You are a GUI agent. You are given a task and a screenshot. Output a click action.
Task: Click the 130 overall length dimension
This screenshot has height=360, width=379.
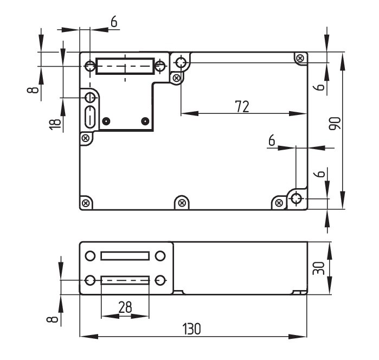tap(191, 329)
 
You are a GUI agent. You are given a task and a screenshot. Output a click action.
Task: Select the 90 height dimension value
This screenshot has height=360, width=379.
tap(335, 123)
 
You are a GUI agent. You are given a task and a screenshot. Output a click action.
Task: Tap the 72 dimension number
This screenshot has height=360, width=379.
tap(242, 107)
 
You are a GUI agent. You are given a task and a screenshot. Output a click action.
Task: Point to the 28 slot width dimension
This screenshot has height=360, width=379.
tap(125, 307)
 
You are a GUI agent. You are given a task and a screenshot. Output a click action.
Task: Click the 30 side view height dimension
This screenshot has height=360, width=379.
tap(319, 268)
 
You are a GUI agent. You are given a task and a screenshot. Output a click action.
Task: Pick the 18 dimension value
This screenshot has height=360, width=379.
tap(55, 124)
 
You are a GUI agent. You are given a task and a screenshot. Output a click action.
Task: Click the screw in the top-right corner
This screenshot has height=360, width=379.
tap(300, 58)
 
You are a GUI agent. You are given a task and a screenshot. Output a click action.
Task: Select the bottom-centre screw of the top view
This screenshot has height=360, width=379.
tap(182, 203)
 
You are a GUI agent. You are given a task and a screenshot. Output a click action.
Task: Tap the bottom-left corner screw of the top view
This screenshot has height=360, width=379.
tap(86, 203)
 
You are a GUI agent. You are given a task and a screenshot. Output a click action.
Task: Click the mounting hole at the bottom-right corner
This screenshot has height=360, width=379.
tap(296, 198)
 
